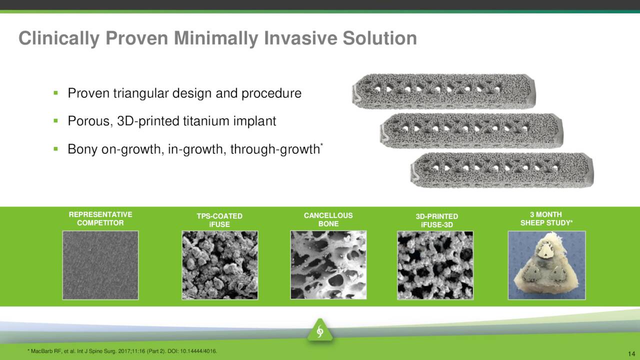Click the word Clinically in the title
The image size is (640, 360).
(59, 38)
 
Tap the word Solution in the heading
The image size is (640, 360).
(379, 38)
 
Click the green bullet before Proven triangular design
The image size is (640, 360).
(55, 93)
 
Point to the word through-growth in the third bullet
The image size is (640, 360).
(275, 149)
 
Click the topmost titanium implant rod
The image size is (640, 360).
(443, 91)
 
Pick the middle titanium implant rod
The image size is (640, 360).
(471, 131)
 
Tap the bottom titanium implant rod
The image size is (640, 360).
(502, 170)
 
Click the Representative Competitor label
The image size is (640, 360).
(100, 218)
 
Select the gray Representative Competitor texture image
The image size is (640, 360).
(100, 265)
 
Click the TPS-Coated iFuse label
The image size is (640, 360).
(219, 220)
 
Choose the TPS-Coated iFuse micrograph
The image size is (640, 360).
(219, 265)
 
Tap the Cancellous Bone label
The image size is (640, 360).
(328, 219)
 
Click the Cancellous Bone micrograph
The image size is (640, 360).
(328, 265)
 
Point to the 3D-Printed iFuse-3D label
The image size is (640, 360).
(437, 220)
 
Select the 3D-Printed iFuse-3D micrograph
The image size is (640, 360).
(435, 265)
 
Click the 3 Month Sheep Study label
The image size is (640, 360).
(546, 218)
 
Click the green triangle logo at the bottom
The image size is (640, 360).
(320, 330)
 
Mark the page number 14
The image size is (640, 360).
(631, 353)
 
